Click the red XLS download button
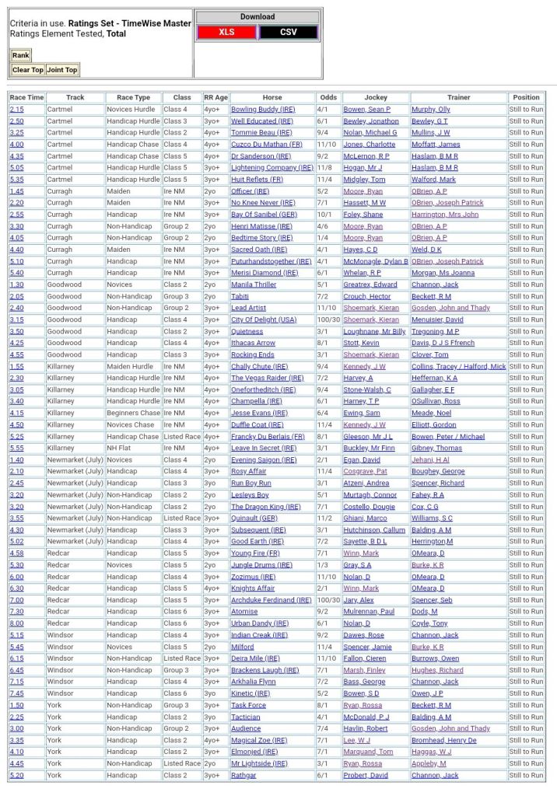[226, 32]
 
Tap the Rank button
[20, 55]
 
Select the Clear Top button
[27, 70]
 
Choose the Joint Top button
[62, 70]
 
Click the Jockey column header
[376, 97]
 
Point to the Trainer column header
[458, 97]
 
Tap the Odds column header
[328, 97]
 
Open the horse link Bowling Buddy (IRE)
[263, 110]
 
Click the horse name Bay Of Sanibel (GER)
[264, 215]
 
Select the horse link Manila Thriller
[254, 285]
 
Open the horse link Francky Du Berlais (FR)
[268, 436]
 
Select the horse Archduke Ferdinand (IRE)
[271, 600]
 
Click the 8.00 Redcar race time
[16, 623]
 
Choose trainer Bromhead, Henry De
[443, 740]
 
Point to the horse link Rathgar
[244, 775]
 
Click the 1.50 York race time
[16, 705]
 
